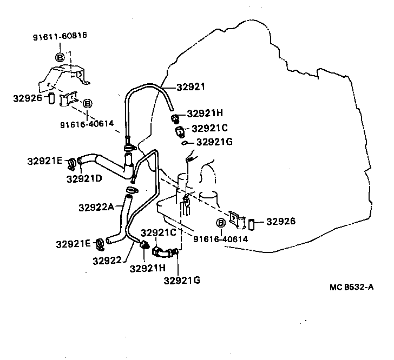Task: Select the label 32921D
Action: coord(84,178)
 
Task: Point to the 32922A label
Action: coord(95,207)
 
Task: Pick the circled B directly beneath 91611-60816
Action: coord(60,56)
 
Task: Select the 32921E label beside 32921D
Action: coord(45,161)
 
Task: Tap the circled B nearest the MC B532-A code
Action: coord(221,223)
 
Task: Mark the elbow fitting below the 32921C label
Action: coord(162,252)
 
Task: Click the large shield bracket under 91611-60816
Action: coord(62,77)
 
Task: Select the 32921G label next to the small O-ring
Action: coord(214,142)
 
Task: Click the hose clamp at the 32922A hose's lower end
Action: coord(100,244)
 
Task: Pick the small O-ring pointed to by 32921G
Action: coord(185,143)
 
